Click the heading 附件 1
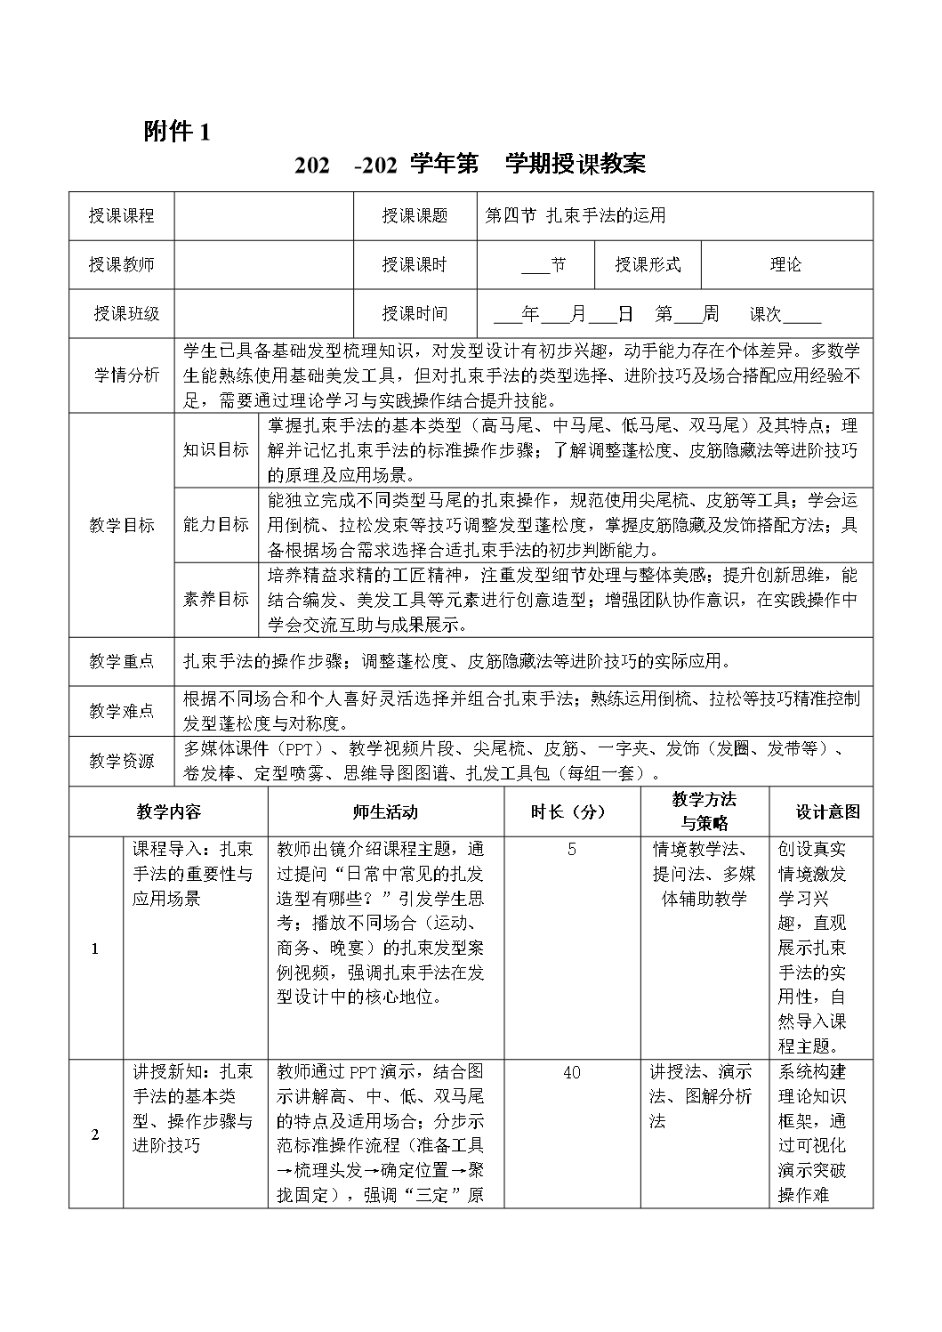[x=177, y=133]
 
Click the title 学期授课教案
[x=576, y=164]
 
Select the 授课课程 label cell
[x=122, y=216]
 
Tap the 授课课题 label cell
[x=415, y=216]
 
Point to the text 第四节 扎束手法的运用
[x=575, y=215]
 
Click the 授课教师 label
[x=122, y=264]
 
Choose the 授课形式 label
[x=648, y=264]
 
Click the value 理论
[x=786, y=264]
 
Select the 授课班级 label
[x=127, y=313]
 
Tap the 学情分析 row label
[x=127, y=375]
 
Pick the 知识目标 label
[x=216, y=449]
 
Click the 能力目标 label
[x=216, y=524]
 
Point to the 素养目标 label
[x=216, y=599]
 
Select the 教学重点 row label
[x=122, y=661]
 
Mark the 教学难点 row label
[x=122, y=711]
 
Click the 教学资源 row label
[x=122, y=761]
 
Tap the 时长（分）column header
[x=568, y=811]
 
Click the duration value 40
[x=571, y=1072]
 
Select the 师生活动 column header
[x=384, y=811]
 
